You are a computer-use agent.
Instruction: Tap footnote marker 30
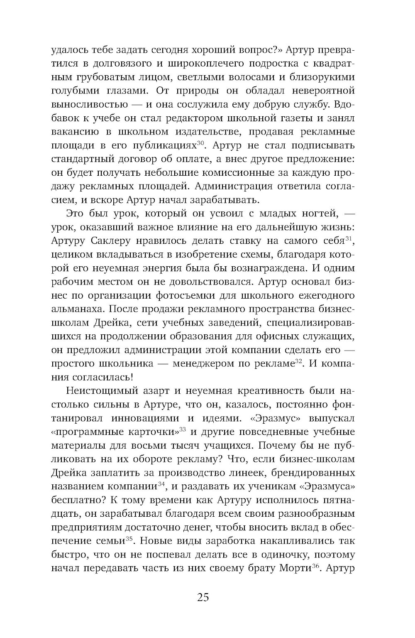tap(200, 142)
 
